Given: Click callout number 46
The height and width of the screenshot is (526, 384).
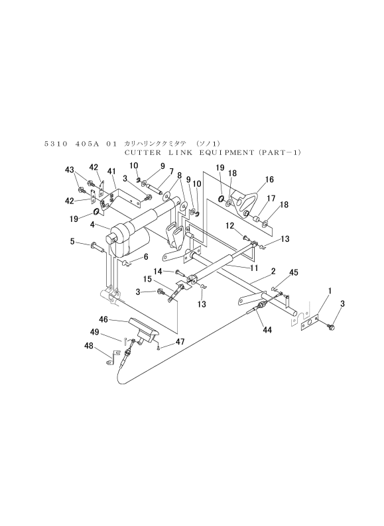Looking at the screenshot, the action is (x=103, y=319).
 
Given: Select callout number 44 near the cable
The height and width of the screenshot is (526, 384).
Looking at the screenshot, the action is (x=267, y=330).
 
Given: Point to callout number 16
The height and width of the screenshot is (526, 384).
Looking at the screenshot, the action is (x=269, y=180).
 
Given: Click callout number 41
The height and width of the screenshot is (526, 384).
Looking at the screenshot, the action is (x=111, y=172).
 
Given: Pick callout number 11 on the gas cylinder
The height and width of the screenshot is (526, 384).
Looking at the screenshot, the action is (x=254, y=268).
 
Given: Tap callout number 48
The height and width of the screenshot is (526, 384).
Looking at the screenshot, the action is (x=89, y=346).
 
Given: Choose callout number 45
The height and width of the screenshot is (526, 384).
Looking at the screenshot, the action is (x=294, y=272).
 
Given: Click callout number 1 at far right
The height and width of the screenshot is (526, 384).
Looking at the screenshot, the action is (x=330, y=291).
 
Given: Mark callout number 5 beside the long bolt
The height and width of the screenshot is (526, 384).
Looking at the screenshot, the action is (x=72, y=241).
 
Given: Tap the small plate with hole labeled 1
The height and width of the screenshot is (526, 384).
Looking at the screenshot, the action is (x=310, y=323).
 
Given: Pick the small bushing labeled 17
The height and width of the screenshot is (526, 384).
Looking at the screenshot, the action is (x=257, y=220).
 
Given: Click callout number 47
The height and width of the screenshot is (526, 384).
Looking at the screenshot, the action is (x=180, y=342).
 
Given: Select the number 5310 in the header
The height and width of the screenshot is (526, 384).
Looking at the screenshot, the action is (x=56, y=144).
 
